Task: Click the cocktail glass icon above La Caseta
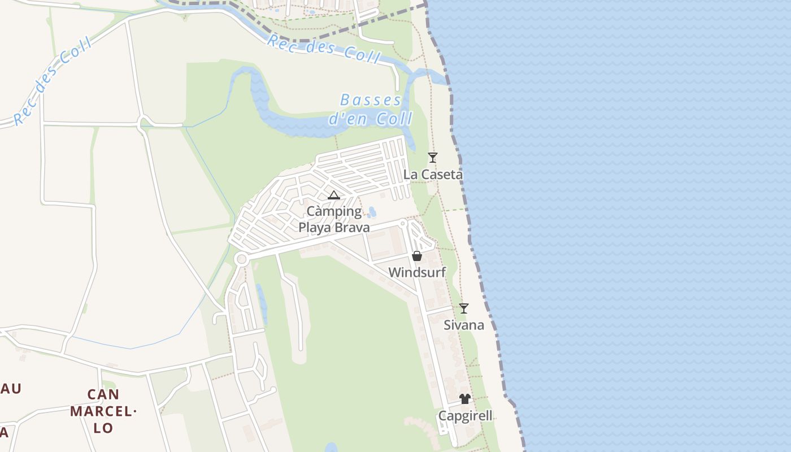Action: pos(433,158)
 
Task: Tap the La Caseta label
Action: pos(433,175)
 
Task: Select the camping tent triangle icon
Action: pos(334,195)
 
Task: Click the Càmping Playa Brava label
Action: pos(334,219)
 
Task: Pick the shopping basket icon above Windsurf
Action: pos(417,256)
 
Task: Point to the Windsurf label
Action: pos(417,272)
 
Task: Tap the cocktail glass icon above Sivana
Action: pos(464,308)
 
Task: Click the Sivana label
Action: pos(464,325)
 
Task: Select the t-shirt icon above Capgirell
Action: pos(465,399)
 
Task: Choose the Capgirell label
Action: pos(466,416)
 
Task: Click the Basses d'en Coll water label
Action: pos(371,110)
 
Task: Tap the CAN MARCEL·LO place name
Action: pos(103,411)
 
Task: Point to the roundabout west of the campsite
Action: pos(242,259)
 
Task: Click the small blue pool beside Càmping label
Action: pos(372,212)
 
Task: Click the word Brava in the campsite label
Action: pos(351,228)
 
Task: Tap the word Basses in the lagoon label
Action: pos(371,101)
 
